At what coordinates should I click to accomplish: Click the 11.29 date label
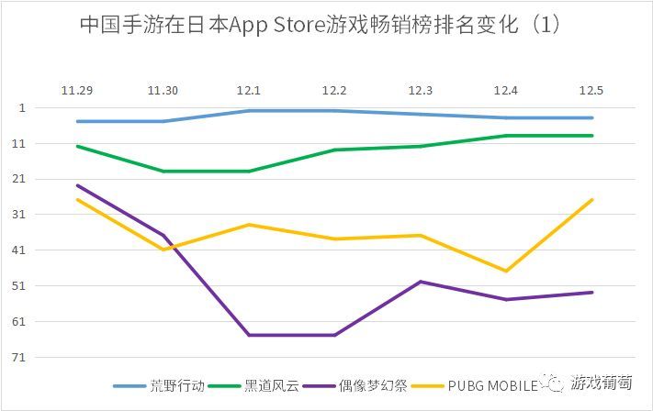coord(77,90)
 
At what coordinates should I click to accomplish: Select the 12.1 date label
coord(249,90)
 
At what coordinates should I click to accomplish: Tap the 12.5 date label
coord(592,90)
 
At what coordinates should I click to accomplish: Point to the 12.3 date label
coord(421,90)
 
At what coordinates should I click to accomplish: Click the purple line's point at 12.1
coord(249,335)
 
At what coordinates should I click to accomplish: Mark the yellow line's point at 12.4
coord(507,271)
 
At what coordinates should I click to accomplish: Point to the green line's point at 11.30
coord(163,171)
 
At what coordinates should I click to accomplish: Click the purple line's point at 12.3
coord(421,282)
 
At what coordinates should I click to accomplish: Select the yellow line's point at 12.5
coord(592,200)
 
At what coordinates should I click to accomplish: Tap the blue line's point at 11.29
coord(77,121)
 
